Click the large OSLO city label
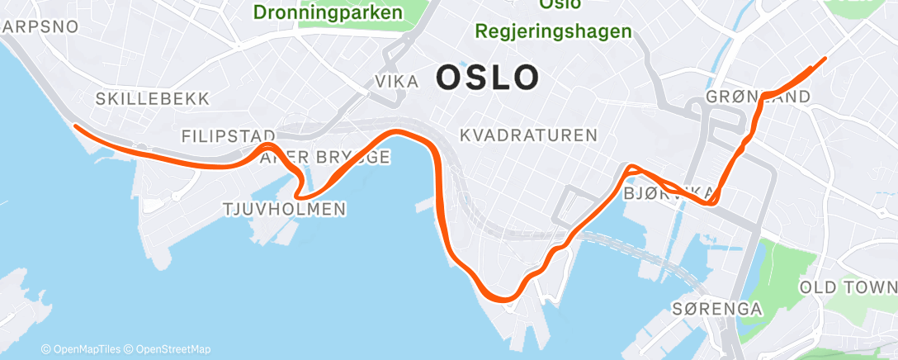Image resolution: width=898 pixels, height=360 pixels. point(488,78)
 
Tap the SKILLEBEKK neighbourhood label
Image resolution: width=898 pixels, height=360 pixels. point(153,99)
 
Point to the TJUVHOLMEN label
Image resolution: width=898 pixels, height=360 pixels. point(284,210)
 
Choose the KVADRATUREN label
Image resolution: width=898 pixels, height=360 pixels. point(528,135)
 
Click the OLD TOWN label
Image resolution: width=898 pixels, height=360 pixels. point(848,287)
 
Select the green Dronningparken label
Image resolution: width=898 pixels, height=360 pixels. point(328,12)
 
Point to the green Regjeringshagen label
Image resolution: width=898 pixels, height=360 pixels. point(554,31)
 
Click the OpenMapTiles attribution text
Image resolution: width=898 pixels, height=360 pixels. point(82,349)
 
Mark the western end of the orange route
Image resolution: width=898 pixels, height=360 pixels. point(76,126)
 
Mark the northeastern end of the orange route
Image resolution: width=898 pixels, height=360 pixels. point(825,59)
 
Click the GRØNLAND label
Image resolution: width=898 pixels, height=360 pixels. point(758,98)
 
